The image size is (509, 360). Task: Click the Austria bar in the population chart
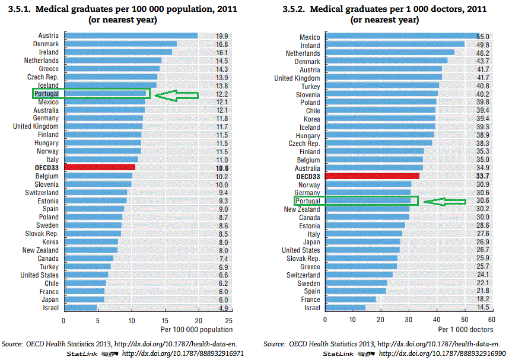tap(131, 36)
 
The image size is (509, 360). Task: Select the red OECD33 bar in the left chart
tap(100, 168)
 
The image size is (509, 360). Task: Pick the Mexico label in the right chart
tap(310, 37)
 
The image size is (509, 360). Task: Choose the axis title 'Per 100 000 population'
tap(196, 329)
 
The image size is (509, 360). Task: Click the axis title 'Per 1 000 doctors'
tap(466, 329)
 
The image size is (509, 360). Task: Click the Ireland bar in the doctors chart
tap(395, 46)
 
